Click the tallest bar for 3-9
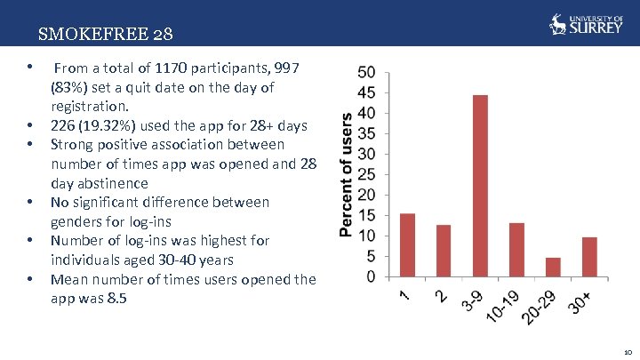tap(480, 186)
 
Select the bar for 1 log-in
tap(407, 245)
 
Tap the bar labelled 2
tap(444, 251)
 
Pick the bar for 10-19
tap(516, 250)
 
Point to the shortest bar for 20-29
tap(553, 268)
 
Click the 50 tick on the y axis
tap(366, 72)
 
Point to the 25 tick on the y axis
tap(366, 174)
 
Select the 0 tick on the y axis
tap(371, 276)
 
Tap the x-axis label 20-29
tap(543, 305)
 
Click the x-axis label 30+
tap(579, 302)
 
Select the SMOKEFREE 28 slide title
tap(106, 36)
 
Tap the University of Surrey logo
tap(586, 23)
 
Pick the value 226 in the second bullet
tap(62, 125)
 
